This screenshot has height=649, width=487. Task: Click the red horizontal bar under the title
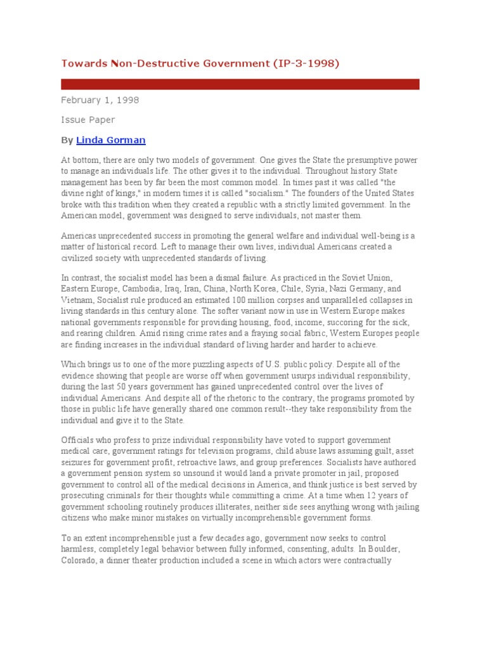[x=240, y=84]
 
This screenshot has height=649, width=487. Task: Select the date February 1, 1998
[x=100, y=100]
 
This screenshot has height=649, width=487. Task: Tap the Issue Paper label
[x=88, y=119]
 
